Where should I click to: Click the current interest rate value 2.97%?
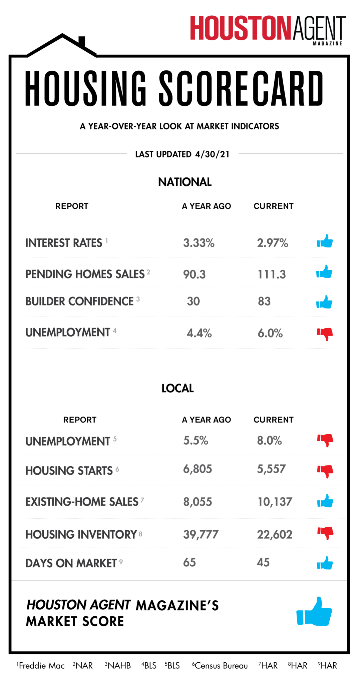[272, 243]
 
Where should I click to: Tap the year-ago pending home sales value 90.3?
[194, 274]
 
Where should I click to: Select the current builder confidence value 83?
[264, 301]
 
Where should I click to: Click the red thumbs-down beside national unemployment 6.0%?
[325, 333]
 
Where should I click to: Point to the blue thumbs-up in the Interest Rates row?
[325, 241]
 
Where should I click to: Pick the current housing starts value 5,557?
[271, 469]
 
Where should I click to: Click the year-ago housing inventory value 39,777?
[201, 535]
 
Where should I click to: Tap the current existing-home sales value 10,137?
[275, 502]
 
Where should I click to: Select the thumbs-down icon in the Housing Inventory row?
[325, 533]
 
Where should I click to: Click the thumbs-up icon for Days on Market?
[325, 563]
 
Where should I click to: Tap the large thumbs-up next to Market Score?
[314, 612]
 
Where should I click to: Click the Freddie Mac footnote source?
[41, 666]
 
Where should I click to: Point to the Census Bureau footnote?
[221, 666]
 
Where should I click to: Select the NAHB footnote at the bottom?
[118, 666]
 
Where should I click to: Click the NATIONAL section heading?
[185, 182]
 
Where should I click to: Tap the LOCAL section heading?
[177, 389]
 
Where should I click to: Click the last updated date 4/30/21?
[213, 154]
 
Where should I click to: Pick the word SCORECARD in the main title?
[241, 89]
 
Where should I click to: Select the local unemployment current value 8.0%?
[269, 441]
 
